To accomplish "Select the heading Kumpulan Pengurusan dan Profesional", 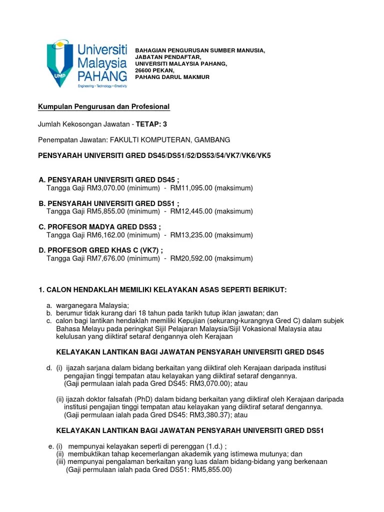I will [x=104, y=107].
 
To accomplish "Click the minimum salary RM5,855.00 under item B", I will [x=103, y=211].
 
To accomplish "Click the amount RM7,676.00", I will [x=103, y=258].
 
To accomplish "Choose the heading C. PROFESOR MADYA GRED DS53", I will [x=100, y=227].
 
